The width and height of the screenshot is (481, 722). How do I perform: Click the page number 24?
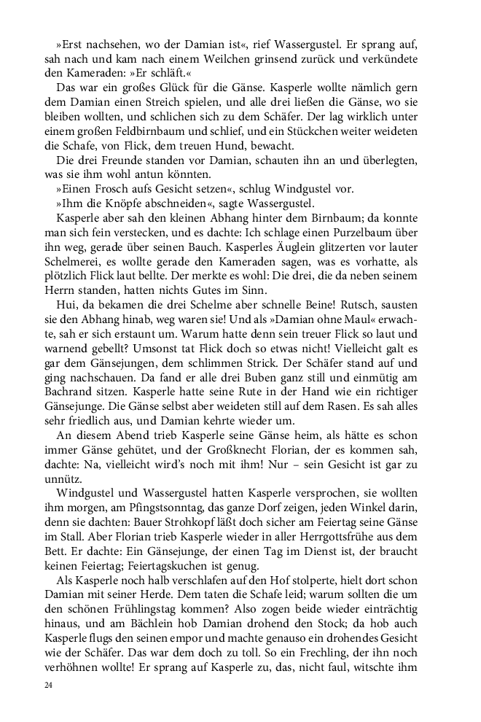pyautogui.click(x=49, y=686)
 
